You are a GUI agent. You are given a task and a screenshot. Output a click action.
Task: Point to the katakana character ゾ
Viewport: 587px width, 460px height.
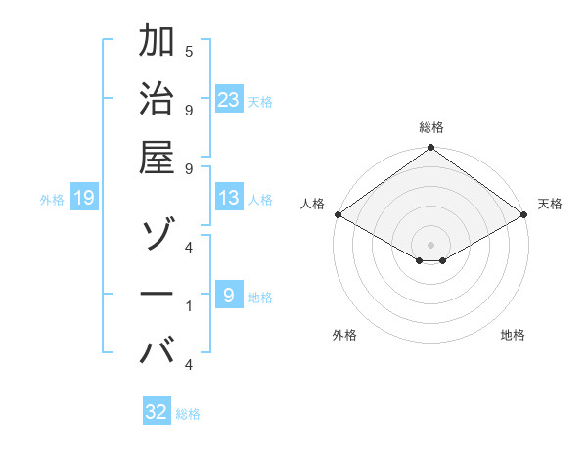click(158, 236)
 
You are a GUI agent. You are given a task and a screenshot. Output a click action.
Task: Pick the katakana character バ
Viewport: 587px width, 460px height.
click(158, 349)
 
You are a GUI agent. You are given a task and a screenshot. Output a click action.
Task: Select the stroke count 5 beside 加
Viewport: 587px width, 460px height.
click(189, 51)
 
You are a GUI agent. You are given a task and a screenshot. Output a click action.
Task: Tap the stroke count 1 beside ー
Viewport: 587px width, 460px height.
click(189, 307)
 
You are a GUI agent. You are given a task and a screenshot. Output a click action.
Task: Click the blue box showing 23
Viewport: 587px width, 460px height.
click(229, 99)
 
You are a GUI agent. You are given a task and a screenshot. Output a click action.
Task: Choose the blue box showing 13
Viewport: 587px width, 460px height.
click(229, 199)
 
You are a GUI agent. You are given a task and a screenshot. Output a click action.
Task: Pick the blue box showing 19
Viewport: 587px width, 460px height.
click(84, 199)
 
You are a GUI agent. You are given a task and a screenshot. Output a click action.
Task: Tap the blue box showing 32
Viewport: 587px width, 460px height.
click(157, 412)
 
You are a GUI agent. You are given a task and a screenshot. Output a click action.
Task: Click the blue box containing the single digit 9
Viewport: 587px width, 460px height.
click(229, 295)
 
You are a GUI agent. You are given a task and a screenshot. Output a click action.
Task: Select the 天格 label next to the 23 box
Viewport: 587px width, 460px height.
click(260, 101)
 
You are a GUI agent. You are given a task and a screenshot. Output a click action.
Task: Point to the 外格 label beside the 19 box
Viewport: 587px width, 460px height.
click(52, 200)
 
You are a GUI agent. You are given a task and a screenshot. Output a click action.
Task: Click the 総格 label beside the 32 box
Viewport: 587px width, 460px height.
click(188, 414)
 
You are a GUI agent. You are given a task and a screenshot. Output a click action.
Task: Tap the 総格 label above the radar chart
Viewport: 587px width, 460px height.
click(431, 127)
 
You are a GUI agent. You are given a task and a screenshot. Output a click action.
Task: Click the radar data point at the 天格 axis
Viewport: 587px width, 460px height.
click(525, 215)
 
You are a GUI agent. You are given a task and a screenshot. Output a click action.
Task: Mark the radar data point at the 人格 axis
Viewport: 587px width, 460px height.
click(338, 214)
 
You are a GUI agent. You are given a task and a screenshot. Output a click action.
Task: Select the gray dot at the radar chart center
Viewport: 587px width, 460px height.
click(431, 244)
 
